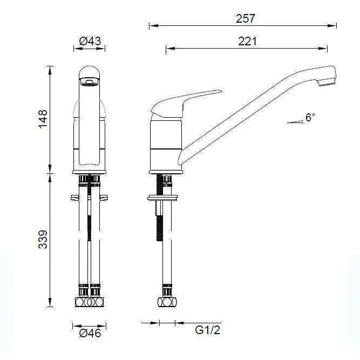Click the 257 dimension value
(x=246, y=18)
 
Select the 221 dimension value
(x=247, y=41)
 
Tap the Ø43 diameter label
(x=90, y=41)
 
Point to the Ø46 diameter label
(x=90, y=333)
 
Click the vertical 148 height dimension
(x=43, y=119)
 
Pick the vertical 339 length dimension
(x=43, y=240)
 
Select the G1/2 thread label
(x=207, y=330)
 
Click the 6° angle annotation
(x=310, y=118)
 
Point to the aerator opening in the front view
(x=90, y=82)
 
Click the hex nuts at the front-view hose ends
(x=90, y=302)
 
